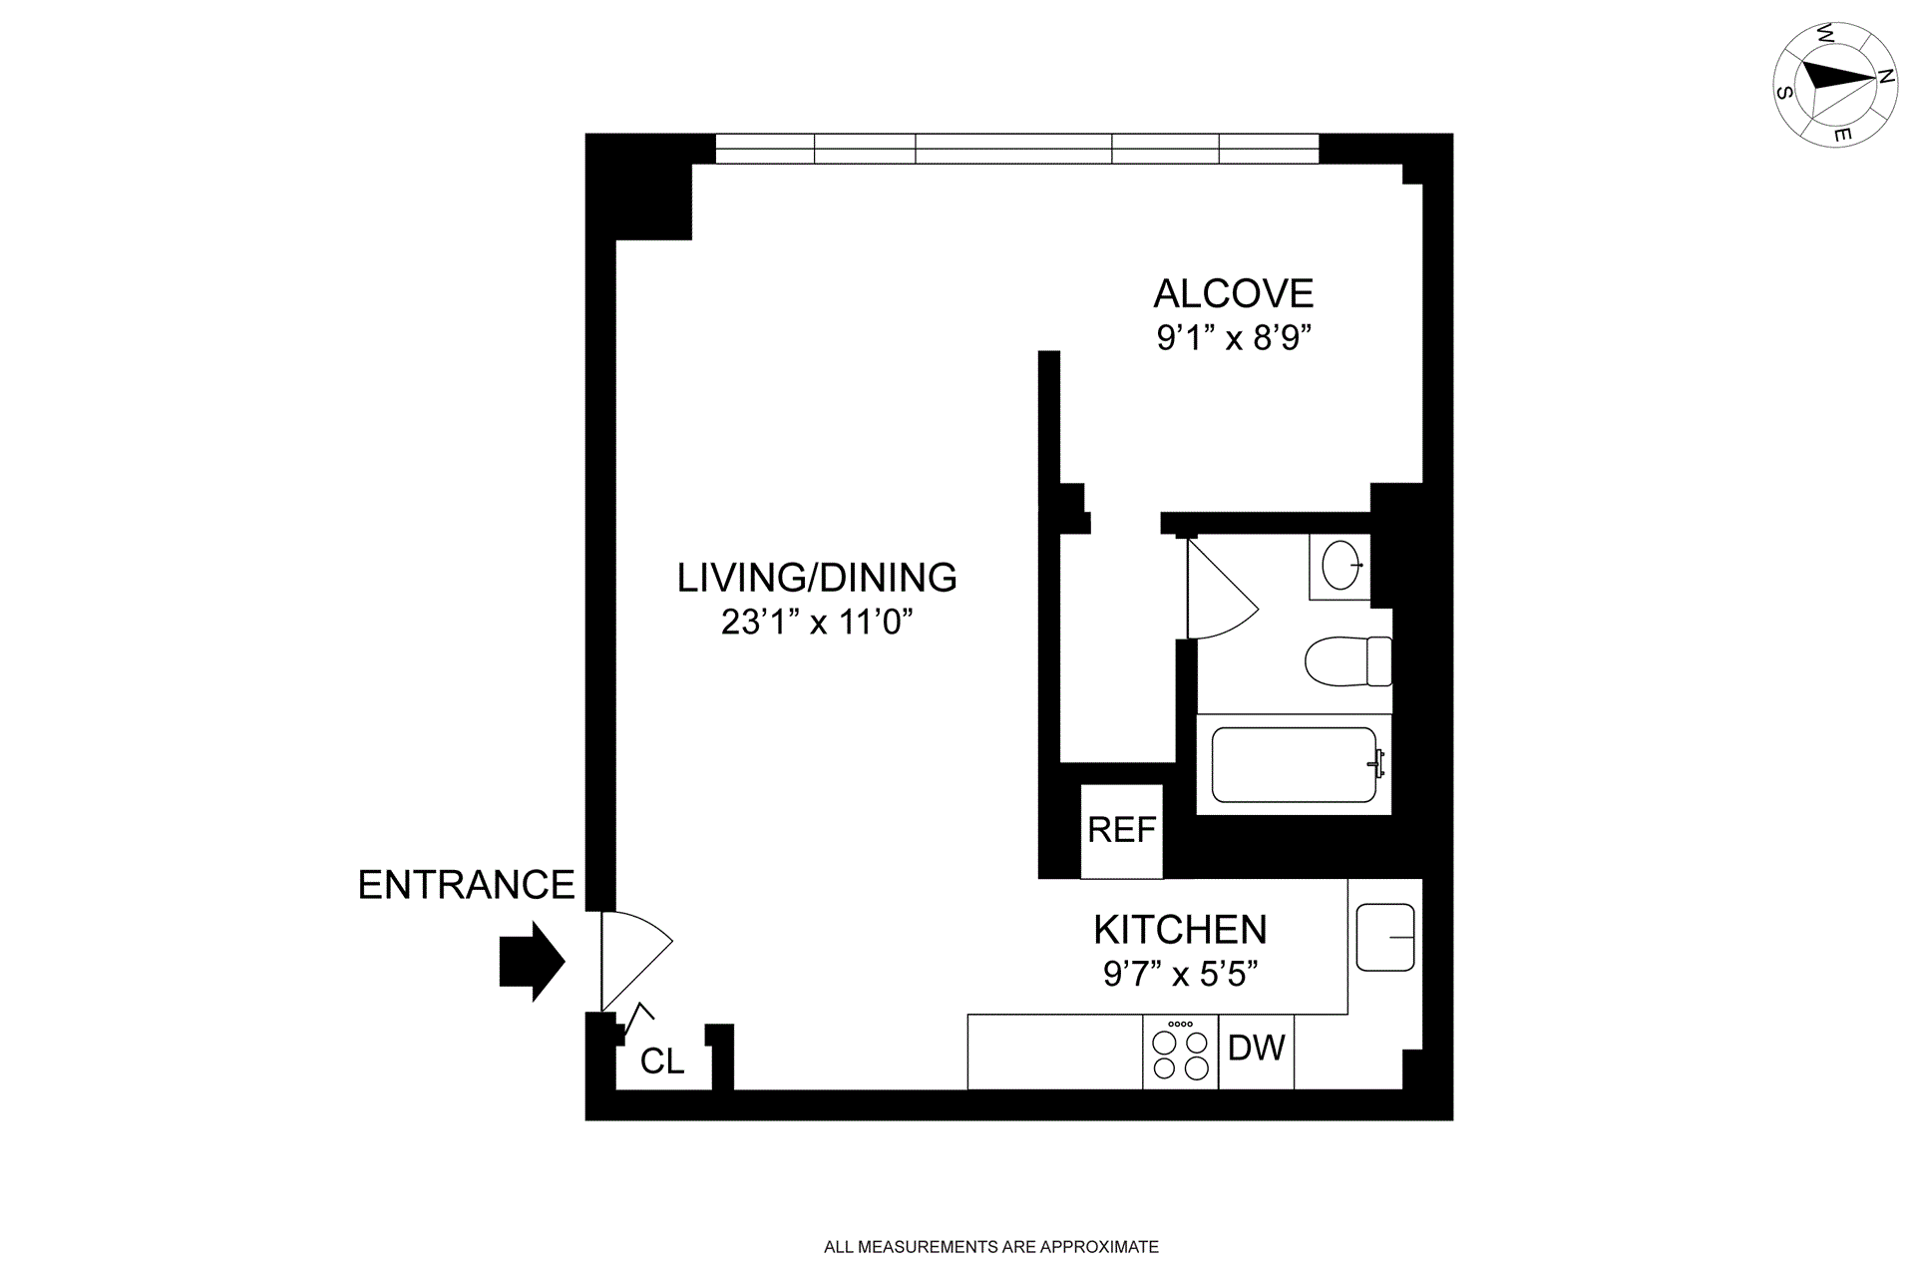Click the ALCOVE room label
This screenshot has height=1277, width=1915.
click(1233, 293)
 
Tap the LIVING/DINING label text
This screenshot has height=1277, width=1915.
click(817, 578)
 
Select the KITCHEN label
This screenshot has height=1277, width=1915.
click(1180, 930)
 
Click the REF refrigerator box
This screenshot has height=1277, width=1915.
click(1122, 830)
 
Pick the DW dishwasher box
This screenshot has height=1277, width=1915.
click(1256, 1049)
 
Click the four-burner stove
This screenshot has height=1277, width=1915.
click(1180, 1053)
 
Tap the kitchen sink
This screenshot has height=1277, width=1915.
click(1385, 937)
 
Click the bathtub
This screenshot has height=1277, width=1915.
click(1294, 764)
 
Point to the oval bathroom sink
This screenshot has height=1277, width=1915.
click(1340, 567)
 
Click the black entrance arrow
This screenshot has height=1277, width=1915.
click(532, 962)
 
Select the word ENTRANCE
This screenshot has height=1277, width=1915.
click(466, 885)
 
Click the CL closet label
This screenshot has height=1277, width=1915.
click(662, 1062)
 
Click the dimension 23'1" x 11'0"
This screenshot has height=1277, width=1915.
click(817, 623)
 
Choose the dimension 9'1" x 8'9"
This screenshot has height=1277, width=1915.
click(1233, 339)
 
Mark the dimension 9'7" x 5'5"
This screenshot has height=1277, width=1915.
click(1180, 974)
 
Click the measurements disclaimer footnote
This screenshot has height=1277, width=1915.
click(990, 1246)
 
